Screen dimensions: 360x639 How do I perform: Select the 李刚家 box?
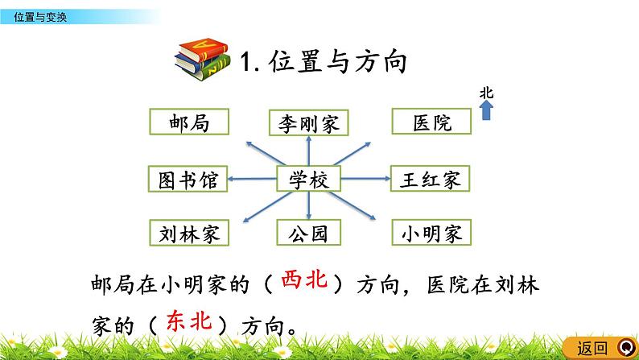(309, 122)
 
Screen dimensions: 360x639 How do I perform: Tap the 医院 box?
(431, 122)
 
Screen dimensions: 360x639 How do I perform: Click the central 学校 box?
(309, 180)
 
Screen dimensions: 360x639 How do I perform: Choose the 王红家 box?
(431, 180)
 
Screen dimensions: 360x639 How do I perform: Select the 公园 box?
(309, 234)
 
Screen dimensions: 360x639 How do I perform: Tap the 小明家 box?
(431, 234)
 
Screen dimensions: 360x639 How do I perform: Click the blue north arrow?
(486, 111)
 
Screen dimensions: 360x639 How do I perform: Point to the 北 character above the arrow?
(486, 93)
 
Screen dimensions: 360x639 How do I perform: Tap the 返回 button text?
(594, 347)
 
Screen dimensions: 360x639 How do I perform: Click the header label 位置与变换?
(40, 15)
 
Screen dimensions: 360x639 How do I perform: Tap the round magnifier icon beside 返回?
(626, 347)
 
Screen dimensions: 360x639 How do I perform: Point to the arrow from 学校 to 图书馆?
(251, 180)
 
